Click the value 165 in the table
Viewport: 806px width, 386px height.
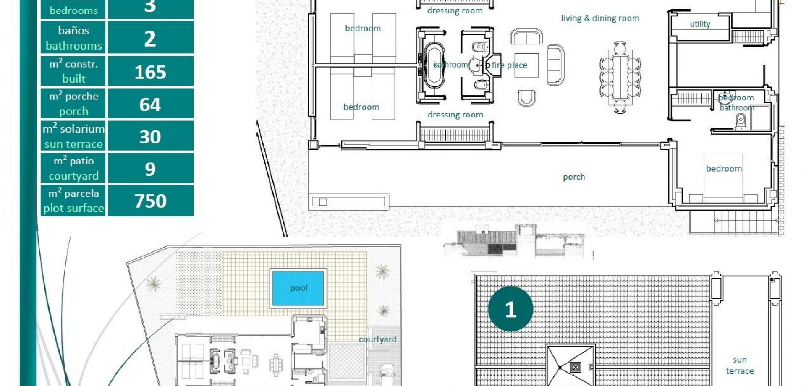click(150, 72)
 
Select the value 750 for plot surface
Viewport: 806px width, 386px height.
click(150, 201)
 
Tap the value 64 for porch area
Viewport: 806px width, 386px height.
click(150, 104)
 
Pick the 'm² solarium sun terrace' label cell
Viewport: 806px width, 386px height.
click(73, 136)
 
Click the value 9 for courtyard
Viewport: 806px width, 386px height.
click(150, 169)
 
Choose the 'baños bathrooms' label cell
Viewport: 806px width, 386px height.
click(73, 38)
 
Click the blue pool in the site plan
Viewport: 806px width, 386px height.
click(298, 288)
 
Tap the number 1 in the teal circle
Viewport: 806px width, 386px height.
click(510, 310)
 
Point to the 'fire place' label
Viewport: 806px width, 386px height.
click(509, 65)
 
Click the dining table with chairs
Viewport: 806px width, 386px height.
click(620, 77)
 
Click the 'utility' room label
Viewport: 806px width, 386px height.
click(700, 24)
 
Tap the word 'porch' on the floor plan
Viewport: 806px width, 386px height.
click(573, 177)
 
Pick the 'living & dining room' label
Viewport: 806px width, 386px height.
click(600, 18)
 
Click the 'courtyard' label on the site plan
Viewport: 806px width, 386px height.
click(377, 339)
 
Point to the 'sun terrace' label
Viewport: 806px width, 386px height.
click(740, 365)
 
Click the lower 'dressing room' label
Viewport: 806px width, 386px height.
click(455, 115)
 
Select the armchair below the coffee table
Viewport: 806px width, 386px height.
click(526, 98)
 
